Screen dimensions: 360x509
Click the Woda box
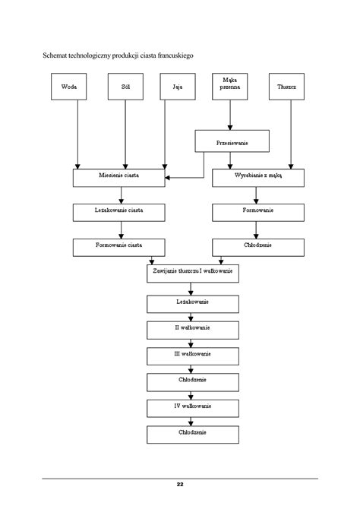click(69, 87)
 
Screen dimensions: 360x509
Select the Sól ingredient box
click(125, 87)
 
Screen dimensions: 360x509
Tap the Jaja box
click(178, 87)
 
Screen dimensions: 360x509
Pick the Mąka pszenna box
click(230, 87)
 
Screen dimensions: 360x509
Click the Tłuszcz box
click(286, 87)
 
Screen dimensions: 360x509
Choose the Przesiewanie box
click(232, 141)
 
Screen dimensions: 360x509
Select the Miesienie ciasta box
click(118, 178)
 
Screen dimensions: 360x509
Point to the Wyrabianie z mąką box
click(258, 178)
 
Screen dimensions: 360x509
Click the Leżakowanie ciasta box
click(118, 213)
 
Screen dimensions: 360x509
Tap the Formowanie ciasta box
click(118, 248)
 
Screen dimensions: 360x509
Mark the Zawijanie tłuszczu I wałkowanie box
click(193, 273)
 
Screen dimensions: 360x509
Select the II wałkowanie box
click(193, 330)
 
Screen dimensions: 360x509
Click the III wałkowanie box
click(193, 356)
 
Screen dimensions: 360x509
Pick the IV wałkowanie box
click(193, 409)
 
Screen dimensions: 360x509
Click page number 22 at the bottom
click(180, 485)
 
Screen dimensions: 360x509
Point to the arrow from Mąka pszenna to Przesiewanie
click(230, 115)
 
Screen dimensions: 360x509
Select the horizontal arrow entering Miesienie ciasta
click(185, 178)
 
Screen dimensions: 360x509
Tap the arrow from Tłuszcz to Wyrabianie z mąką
click(291, 134)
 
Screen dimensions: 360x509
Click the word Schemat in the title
click(55, 55)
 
